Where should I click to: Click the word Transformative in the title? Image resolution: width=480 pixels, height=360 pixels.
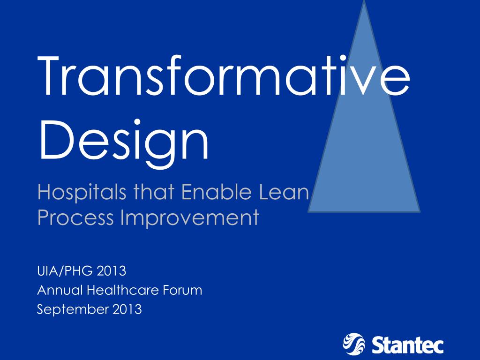pos(224,76)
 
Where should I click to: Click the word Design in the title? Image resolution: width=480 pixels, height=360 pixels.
pos(123,139)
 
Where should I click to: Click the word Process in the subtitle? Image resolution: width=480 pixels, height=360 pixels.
pos(75,217)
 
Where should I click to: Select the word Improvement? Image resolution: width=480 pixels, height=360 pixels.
pos(190,217)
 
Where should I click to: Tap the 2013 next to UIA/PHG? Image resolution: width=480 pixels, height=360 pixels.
pos(112,271)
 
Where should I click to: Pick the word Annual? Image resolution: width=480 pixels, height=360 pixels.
pos(60,290)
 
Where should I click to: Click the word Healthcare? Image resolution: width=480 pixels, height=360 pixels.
pos(122,290)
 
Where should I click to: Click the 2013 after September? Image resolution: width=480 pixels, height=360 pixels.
pos(127,309)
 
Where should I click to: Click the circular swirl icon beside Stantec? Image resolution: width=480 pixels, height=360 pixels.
pos(353,344)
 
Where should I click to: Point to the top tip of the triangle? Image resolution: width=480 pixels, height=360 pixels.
pos(364,2)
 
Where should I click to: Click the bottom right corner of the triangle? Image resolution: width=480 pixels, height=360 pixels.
pos(419,211)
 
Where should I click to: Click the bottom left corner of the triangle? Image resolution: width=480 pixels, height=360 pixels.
pos(309,211)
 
